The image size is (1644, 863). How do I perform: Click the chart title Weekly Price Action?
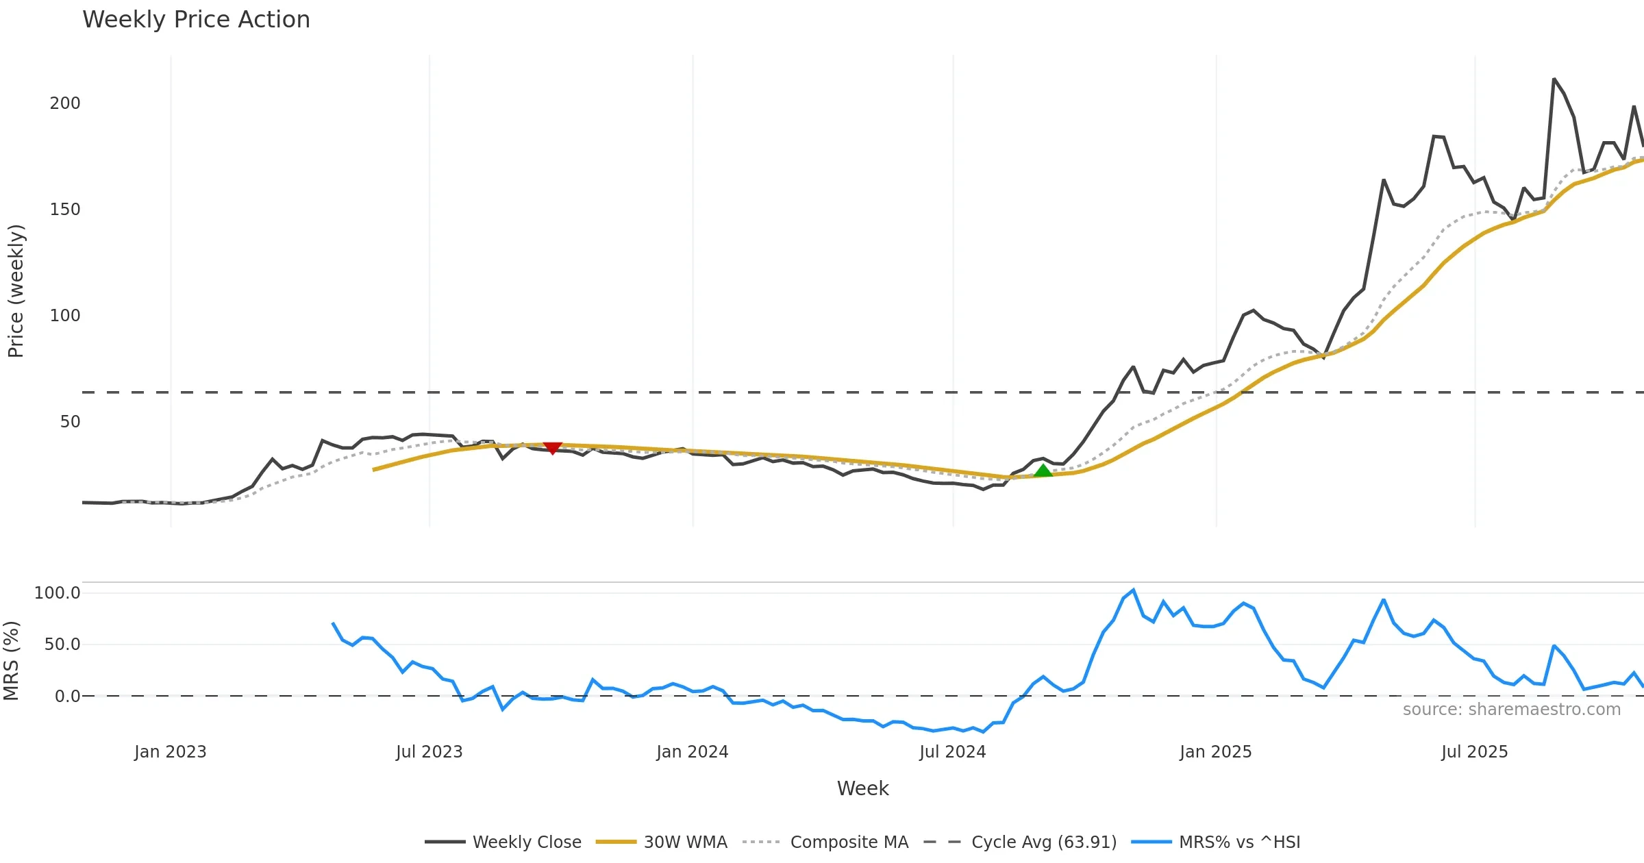(x=196, y=20)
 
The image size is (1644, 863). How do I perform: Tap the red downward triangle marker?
(x=552, y=448)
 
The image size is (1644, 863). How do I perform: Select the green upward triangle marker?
(x=1043, y=471)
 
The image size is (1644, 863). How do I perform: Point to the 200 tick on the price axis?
(x=65, y=103)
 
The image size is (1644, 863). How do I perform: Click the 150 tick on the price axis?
(x=65, y=210)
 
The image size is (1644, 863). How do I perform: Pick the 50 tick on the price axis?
(x=70, y=422)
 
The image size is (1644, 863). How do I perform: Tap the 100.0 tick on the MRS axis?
(x=58, y=593)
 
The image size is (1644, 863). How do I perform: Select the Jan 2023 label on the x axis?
(x=171, y=752)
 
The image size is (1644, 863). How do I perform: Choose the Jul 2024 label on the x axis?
(x=952, y=752)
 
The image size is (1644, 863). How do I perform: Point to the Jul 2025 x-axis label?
(x=1474, y=752)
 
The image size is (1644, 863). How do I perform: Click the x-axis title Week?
(x=862, y=789)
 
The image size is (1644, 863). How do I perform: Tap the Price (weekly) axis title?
(x=16, y=291)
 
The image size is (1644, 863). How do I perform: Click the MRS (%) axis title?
(x=12, y=661)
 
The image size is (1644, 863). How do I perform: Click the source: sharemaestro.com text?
(x=1511, y=710)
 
